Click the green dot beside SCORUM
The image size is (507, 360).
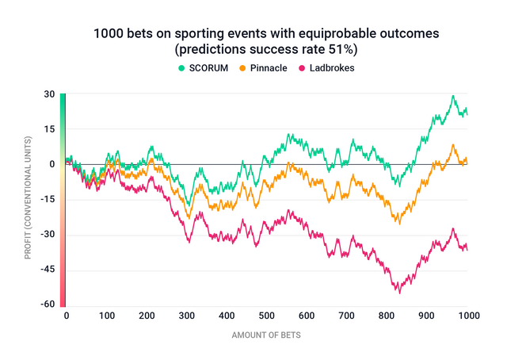(x=181, y=68)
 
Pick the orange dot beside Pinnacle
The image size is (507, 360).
(x=246, y=68)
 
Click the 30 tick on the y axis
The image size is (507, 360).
(x=49, y=94)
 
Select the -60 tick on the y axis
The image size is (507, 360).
(x=48, y=304)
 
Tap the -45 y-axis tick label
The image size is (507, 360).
(x=48, y=270)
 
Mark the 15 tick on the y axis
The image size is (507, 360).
(x=49, y=129)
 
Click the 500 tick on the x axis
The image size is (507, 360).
(x=265, y=316)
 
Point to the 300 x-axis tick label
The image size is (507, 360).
(x=185, y=316)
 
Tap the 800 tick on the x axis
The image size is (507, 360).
(x=387, y=316)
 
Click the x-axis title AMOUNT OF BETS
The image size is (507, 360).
(x=265, y=335)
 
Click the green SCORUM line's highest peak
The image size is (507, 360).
(x=453, y=96)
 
